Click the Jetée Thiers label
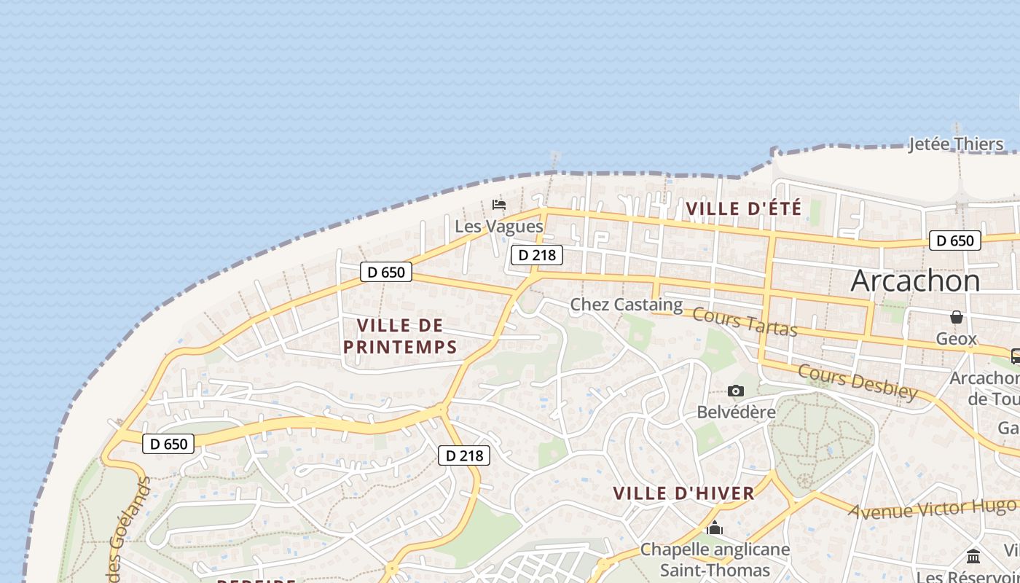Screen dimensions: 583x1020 [956, 144]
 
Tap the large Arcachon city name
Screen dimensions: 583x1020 [915, 281]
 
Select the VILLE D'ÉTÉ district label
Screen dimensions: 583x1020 [743, 208]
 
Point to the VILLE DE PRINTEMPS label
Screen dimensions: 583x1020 [400, 336]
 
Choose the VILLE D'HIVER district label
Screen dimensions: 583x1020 [683, 493]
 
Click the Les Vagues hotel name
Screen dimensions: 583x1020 [499, 227]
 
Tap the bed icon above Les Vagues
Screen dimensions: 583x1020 [499, 204]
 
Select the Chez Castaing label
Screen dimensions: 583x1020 [626, 305]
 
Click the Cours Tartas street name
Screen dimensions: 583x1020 [745, 322]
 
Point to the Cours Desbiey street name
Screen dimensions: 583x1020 [858, 382]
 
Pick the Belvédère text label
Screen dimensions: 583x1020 [736, 412]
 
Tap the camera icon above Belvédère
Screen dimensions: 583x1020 [736, 391]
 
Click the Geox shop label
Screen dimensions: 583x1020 [956, 339]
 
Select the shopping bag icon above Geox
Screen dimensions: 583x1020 [956, 317]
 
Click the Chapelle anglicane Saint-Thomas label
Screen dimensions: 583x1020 [714, 560]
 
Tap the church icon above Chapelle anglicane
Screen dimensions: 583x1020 [714, 528]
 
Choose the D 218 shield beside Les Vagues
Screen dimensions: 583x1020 [537, 255]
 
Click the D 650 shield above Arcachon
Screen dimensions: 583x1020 [954, 240]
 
